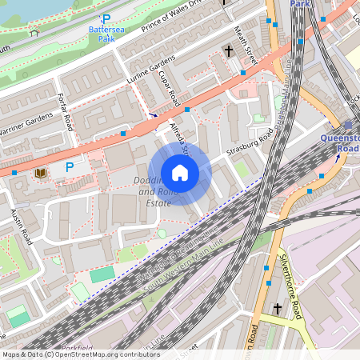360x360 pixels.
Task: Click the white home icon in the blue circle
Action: click(180, 173)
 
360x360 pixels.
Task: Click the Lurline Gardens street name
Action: click(150, 71)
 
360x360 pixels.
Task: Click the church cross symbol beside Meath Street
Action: click(228, 51)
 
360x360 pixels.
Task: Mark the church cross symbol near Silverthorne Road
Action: click(278, 308)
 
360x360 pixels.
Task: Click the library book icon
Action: click(41, 172)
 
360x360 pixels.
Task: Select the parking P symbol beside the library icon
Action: click(69, 167)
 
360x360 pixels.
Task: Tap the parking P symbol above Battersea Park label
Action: click(106, 18)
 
